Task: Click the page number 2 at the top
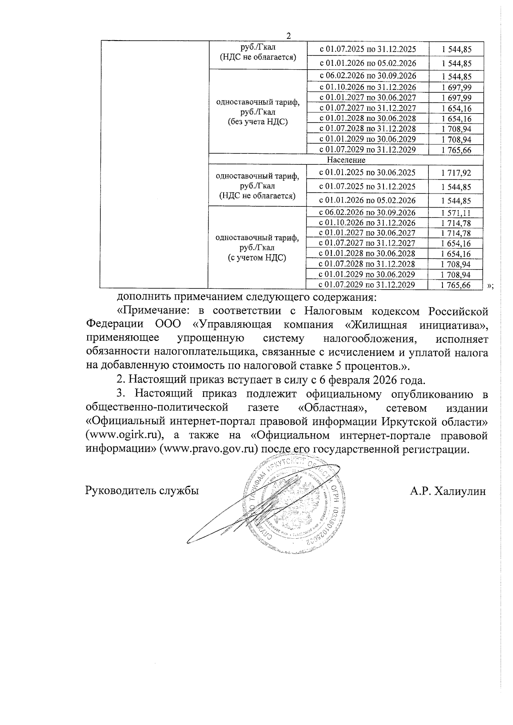point(289,36)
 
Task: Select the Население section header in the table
point(346,160)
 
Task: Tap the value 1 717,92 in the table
point(456,173)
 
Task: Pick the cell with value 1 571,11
point(456,213)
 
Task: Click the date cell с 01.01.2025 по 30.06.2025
point(367,173)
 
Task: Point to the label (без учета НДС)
point(257,121)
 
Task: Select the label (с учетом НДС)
point(257,258)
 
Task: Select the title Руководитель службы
point(142,491)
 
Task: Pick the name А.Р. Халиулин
point(448,491)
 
